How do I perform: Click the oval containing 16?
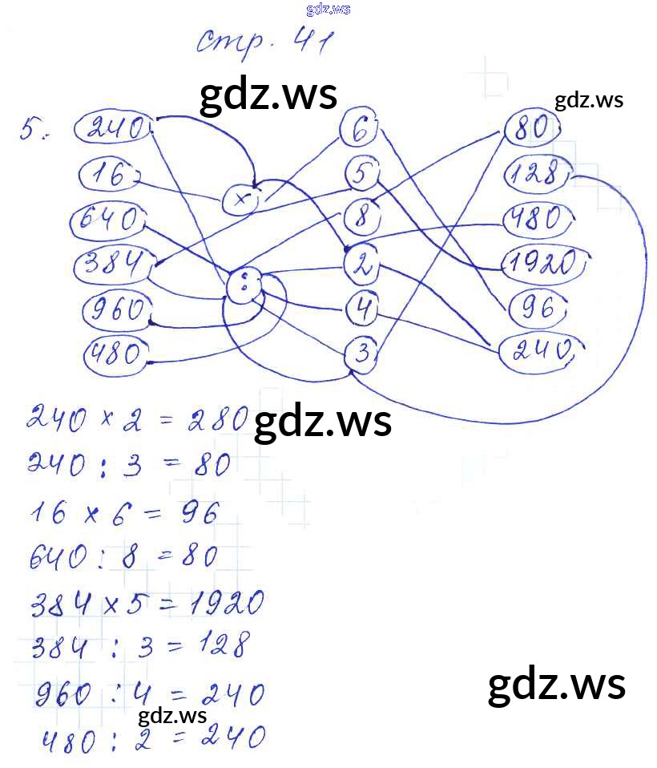111,174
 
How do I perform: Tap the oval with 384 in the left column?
111,264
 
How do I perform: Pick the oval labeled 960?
117,309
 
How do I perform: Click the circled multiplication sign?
240,200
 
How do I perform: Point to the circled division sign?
246,285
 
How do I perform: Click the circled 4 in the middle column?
363,307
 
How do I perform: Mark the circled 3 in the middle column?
362,352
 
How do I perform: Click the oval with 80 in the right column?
530,128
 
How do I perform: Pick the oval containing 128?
536,174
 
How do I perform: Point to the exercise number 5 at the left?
31,130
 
